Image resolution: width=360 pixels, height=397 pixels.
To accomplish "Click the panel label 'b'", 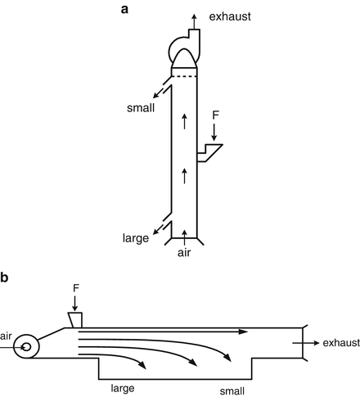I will coord(6,277).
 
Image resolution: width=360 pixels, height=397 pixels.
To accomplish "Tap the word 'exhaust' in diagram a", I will coord(229,16).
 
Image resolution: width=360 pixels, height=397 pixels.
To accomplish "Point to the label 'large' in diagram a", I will coord(133,239).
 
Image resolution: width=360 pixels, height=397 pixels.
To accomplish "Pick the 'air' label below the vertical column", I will coord(186,254).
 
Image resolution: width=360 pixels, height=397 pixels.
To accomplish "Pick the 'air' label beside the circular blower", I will coord(7,336).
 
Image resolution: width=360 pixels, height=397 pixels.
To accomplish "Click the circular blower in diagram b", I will coord(27,346).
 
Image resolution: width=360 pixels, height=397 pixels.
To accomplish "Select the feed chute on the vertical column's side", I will coord(212,153).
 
